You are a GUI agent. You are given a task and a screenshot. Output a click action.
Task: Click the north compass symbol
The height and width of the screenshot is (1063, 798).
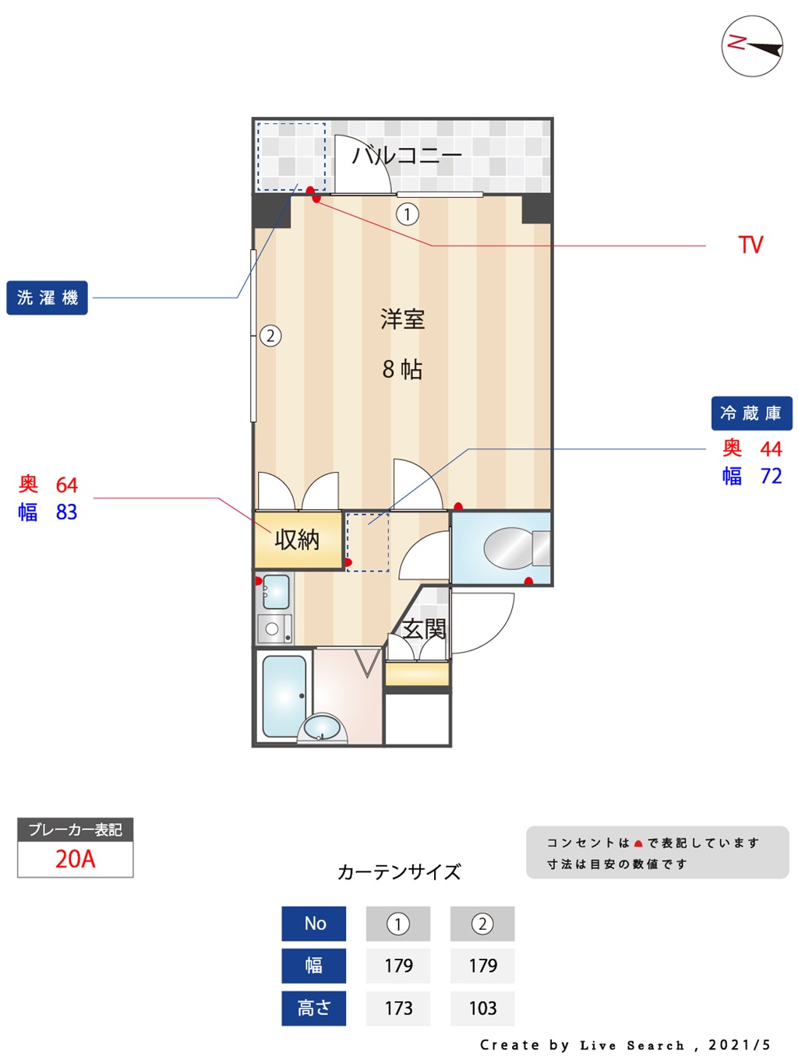[751, 46]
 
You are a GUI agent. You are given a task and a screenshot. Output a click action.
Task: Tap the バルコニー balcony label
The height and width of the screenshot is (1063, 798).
[407, 156]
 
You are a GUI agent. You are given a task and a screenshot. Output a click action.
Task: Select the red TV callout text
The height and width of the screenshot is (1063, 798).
[750, 245]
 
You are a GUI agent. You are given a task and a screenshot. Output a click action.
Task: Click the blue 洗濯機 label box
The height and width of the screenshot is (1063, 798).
[47, 297]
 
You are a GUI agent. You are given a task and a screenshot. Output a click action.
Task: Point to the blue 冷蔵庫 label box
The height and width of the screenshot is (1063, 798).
[751, 413]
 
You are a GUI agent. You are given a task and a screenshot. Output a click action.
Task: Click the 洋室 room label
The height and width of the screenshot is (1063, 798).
[402, 319]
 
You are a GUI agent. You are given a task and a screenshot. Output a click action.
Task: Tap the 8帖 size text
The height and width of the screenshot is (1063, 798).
[401, 369]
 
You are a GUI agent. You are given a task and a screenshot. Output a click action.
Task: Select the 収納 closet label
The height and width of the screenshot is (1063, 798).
[297, 539]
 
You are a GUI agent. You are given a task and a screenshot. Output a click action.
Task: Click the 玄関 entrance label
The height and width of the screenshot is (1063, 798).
[424, 629]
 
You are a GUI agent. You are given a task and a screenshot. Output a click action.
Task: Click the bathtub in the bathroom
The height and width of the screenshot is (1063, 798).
[284, 696]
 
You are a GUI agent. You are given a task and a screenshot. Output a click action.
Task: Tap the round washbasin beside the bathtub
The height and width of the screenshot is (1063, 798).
[322, 728]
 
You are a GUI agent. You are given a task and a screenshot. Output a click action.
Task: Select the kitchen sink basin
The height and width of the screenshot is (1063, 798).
[276, 591]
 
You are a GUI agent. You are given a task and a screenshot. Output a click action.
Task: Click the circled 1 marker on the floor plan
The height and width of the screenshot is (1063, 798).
[407, 214]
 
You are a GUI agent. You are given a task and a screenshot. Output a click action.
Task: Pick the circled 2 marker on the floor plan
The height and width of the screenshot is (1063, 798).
[270, 336]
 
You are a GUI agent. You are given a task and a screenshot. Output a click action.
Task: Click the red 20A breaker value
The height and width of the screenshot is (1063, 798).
[75, 859]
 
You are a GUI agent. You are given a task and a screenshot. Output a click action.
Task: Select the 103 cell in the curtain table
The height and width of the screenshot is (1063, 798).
[482, 1008]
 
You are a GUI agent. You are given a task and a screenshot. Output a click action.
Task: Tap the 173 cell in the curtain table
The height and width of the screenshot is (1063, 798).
[398, 1008]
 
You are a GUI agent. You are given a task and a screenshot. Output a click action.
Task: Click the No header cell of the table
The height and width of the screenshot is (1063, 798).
[314, 924]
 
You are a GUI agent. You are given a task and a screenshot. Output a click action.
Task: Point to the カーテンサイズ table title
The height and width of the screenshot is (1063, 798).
[399, 871]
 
